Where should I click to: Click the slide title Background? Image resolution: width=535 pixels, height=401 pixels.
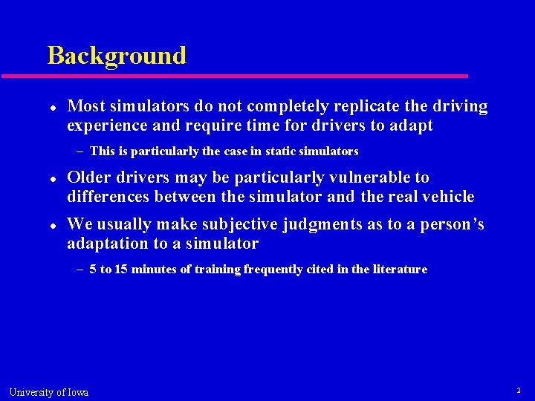click(117, 56)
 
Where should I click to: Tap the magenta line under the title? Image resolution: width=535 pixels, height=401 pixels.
click(234, 76)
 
